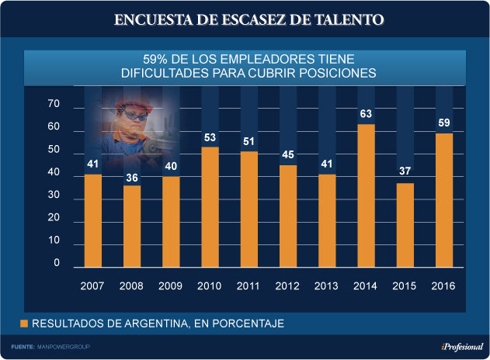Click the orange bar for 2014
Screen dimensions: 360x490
click(366, 196)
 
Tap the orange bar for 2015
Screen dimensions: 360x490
click(405, 226)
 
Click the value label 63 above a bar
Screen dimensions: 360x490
click(366, 115)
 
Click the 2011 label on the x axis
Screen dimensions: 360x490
click(248, 286)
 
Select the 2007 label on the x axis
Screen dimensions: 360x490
click(92, 286)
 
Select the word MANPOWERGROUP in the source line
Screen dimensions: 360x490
click(64, 347)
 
